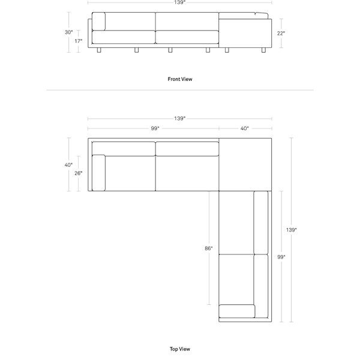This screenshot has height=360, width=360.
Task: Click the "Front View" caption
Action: [180, 79]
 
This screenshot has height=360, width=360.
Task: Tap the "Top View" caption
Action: [180, 349]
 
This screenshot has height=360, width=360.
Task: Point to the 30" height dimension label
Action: [68, 32]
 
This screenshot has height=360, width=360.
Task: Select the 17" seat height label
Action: [78, 41]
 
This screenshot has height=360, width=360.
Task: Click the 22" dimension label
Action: [281, 33]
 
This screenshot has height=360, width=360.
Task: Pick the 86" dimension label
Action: [209, 248]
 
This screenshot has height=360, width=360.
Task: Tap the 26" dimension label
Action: [78, 173]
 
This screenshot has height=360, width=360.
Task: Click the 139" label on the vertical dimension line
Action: [292, 230]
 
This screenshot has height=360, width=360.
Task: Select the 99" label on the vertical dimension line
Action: [281, 257]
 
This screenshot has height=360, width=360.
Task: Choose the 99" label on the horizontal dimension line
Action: [155, 128]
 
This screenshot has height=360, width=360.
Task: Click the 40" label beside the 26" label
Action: [68, 165]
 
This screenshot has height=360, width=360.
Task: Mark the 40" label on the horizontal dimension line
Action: [245, 128]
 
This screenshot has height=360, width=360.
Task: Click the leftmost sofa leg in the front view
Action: [99, 50]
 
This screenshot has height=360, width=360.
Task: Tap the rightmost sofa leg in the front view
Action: [263, 50]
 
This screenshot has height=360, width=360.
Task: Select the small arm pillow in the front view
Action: [99, 22]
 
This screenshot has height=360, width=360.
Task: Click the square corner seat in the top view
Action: [245, 164]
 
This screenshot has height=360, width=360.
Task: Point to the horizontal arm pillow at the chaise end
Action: [237, 311]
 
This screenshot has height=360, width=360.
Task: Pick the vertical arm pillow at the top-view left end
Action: [99, 173]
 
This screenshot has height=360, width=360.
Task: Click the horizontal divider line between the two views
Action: [180, 90]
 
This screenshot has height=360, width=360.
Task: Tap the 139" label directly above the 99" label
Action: [180, 118]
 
